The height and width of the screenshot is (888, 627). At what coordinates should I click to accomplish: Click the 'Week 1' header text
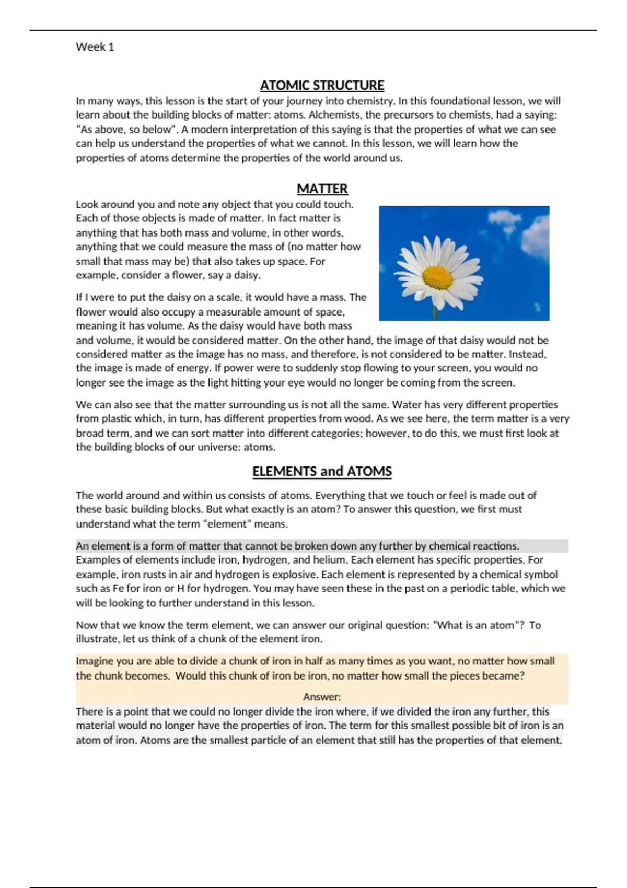coord(95,47)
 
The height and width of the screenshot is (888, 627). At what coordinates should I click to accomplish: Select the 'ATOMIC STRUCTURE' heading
coord(322,85)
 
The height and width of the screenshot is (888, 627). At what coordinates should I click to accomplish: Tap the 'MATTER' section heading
coord(322,189)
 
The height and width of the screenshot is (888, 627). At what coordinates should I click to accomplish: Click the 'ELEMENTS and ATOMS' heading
coord(322,471)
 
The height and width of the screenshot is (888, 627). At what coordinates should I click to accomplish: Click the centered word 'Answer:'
coord(322,697)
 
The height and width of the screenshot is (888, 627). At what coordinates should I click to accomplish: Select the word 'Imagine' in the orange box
coord(95,661)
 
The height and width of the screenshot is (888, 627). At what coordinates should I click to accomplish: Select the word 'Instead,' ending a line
coord(527,354)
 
